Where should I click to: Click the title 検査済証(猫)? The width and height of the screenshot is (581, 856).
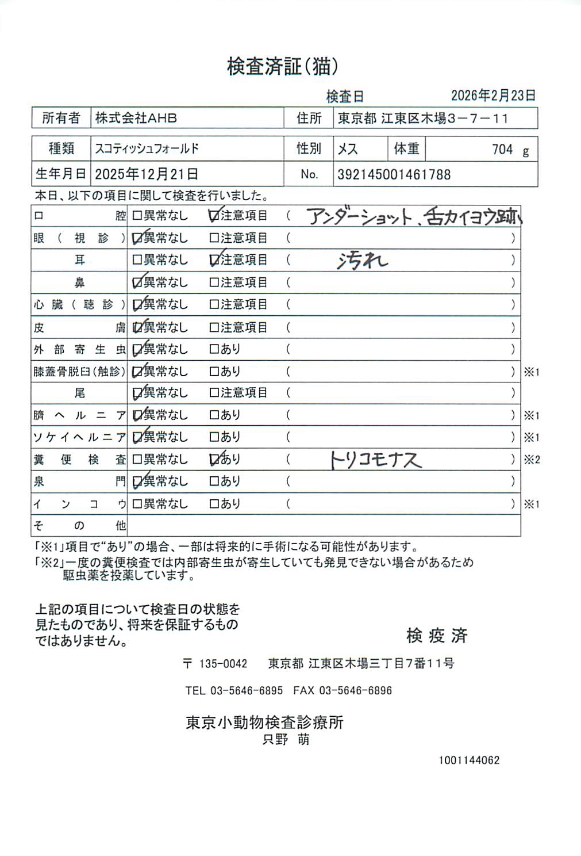(282, 67)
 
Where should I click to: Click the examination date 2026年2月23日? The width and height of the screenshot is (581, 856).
(493, 95)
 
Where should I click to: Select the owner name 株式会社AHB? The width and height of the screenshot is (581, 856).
(136, 118)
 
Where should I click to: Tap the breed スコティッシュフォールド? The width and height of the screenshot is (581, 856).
(147, 148)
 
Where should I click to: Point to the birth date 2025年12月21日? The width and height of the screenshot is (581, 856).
(147, 174)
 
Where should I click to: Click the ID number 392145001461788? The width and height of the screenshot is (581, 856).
(394, 174)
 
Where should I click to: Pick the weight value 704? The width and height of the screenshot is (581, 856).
(502, 150)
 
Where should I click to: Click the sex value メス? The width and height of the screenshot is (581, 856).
(348, 149)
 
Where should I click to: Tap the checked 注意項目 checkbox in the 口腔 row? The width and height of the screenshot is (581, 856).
(214, 216)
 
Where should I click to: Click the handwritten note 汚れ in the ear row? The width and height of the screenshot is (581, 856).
(362, 261)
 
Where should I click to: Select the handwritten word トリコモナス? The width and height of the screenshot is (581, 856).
(376, 460)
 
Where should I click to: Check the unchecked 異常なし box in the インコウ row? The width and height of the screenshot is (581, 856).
(137, 504)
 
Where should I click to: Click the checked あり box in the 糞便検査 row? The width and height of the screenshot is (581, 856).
(214, 459)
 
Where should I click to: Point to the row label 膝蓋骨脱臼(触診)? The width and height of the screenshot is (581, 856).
(79, 372)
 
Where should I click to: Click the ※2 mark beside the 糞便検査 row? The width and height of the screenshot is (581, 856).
(532, 460)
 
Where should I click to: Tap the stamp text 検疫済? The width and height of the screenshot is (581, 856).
(437, 636)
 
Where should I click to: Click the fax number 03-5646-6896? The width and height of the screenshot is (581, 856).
(355, 690)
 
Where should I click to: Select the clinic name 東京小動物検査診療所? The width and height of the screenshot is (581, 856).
(264, 723)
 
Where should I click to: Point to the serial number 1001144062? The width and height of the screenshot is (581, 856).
(469, 761)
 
